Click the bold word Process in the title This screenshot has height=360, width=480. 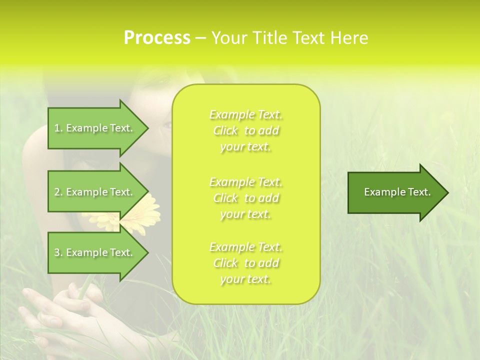click(x=157, y=38)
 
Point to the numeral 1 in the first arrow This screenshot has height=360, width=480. click(x=56, y=128)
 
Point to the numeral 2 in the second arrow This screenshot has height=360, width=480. click(x=57, y=192)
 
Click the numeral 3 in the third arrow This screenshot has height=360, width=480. click(x=57, y=252)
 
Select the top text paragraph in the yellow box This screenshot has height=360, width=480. click(x=245, y=130)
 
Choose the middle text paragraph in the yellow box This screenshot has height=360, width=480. click(x=245, y=198)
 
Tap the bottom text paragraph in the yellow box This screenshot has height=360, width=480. click(x=245, y=263)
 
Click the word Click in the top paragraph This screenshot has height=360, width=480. click(x=225, y=131)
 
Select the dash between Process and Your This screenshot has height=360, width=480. click(x=200, y=38)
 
